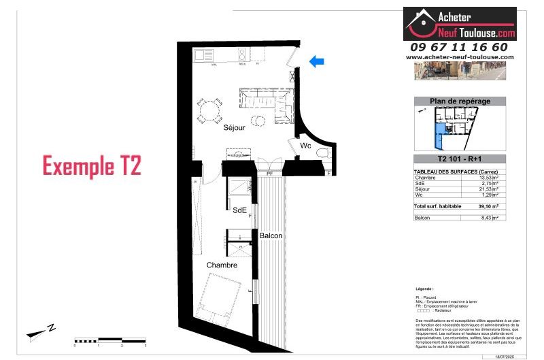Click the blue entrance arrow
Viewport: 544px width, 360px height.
coord(316,62)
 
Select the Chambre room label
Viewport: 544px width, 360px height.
coord(223,265)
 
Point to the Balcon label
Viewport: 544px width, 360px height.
coord(271,235)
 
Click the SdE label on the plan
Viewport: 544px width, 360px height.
coord(239,210)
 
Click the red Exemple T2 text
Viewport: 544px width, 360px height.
coord(92,166)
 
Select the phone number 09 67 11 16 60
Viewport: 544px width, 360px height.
coord(459,47)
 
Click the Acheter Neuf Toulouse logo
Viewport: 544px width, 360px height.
coord(460,24)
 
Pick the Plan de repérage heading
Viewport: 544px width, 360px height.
coord(460,101)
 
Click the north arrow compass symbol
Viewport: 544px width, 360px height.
coord(41,332)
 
